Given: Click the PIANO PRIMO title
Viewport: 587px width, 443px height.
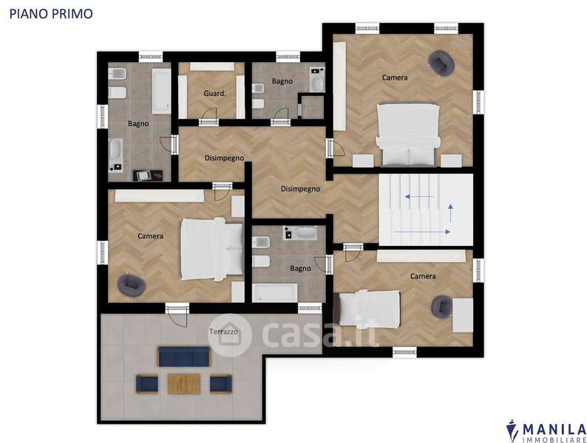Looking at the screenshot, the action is pos(51,13).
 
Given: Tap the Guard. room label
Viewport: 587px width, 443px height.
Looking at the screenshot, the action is pos(215,93).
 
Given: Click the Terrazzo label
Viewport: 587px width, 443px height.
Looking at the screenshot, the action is pos(223,332).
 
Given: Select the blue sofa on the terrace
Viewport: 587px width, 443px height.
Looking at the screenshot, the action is pos(184,357).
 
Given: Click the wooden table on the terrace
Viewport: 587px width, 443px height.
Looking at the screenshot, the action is pos(184,383).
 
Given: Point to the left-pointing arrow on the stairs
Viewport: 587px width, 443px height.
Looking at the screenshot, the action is pos(419,196).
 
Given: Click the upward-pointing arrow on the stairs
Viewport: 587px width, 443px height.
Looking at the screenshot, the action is pos(451,213).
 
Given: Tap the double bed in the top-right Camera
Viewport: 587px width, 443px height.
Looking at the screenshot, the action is pos(407,134).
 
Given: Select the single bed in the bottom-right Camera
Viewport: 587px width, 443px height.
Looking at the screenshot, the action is pos(369,309).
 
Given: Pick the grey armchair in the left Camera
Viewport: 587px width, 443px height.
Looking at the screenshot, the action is pos(132,286).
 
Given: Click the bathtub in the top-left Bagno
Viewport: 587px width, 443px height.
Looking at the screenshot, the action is pos(161,91).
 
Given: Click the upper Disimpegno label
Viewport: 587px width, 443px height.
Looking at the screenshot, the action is pos(224,158).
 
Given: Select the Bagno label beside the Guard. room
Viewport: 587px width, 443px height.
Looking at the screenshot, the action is pos(282,81).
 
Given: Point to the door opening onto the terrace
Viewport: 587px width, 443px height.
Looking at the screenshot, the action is pos(177,316).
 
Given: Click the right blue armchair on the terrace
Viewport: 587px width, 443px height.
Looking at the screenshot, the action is pos(220,384).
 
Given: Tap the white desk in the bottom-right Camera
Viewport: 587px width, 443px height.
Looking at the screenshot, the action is pos(463,315).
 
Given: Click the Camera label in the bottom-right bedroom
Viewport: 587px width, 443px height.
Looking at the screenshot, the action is pos(423,276).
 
